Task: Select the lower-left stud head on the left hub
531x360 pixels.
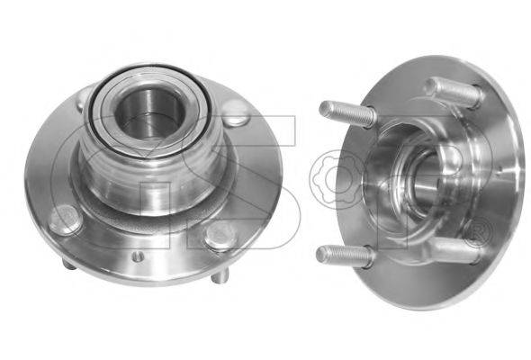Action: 65,220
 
